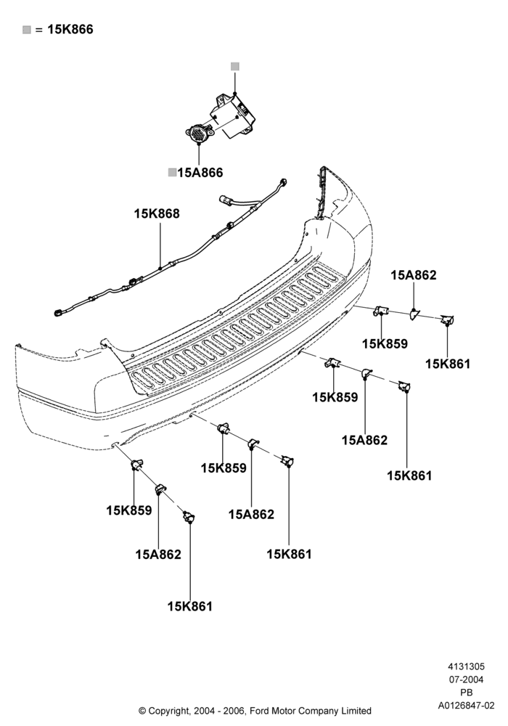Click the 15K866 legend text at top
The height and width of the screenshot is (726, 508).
70,29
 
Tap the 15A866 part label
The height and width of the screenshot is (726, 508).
200,173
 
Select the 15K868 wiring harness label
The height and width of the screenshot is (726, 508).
157,214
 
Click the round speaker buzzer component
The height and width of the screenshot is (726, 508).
199,133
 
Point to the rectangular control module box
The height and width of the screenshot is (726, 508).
234,115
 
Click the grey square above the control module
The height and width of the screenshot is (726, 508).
235,67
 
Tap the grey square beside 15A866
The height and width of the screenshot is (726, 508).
172,173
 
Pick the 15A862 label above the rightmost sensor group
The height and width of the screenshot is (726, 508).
414,275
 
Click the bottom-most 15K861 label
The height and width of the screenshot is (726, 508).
189,606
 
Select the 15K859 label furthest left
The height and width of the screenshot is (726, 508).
129,510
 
